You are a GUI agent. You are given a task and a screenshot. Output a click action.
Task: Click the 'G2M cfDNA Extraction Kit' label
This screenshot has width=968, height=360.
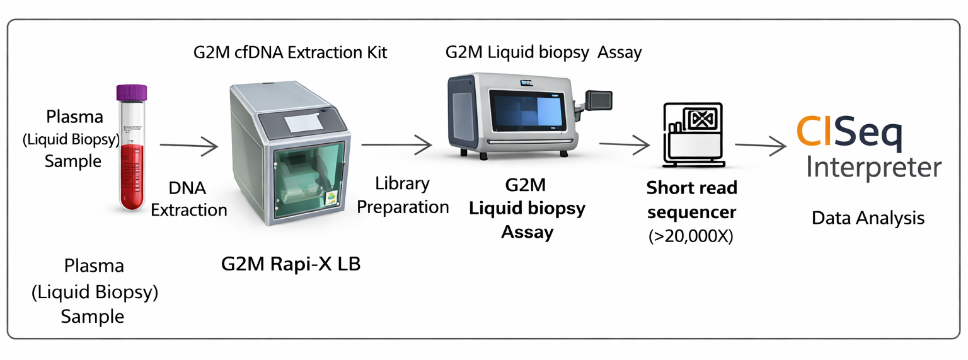pyautogui.click(x=290, y=52)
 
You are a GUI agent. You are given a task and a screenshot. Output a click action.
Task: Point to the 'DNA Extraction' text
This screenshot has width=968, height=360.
pyautogui.click(x=188, y=199)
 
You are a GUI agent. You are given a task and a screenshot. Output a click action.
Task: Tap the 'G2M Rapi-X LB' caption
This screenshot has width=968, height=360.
pyautogui.click(x=291, y=264)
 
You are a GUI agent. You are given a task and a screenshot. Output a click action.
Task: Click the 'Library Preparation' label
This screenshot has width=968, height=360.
pyautogui.click(x=403, y=195)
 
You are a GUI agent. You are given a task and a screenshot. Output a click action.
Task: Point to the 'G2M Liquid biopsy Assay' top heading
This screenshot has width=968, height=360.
pyautogui.click(x=543, y=52)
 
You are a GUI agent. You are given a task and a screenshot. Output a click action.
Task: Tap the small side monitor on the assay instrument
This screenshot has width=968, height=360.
pyautogui.click(x=599, y=100)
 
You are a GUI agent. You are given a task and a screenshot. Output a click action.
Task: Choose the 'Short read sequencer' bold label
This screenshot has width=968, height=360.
pyautogui.click(x=691, y=200)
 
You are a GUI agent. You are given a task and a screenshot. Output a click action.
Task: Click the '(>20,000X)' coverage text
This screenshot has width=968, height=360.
pyautogui.click(x=691, y=237)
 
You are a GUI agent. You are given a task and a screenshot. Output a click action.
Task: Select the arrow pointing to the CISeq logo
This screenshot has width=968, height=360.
pyautogui.click(x=761, y=146)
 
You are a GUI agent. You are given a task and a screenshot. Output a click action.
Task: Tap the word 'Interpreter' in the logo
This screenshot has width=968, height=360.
pyautogui.click(x=874, y=168)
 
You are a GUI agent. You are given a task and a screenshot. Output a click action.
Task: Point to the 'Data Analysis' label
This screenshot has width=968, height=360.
pyautogui.click(x=868, y=218)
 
